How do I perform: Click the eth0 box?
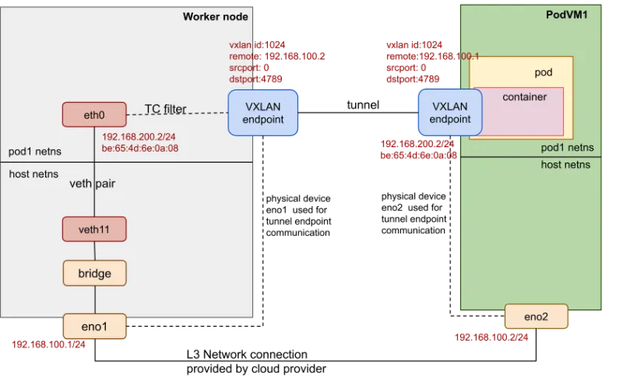[x=94, y=114]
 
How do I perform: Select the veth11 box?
[x=94, y=229]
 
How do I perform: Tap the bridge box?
[x=94, y=273]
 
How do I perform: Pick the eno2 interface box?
[x=537, y=317]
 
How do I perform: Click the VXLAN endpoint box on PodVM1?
[x=450, y=112]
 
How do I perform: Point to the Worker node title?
[x=215, y=17]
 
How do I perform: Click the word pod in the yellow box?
[x=543, y=72]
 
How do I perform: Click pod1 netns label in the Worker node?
[x=34, y=150]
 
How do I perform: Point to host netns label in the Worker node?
[x=35, y=174]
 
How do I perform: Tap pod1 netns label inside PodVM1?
[x=567, y=147]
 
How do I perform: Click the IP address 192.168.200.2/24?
[x=139, y=137]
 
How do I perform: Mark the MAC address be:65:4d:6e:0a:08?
[x=141, y=149]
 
